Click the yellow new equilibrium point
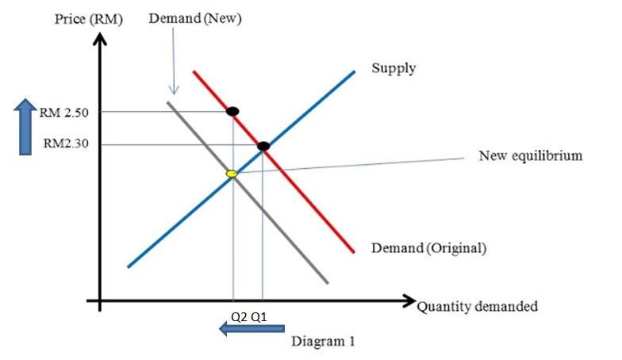pyautogui.click(x=232, y=173)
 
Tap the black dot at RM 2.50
pyautogui.click(x=232, y=111)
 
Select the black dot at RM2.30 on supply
pyautogui.click(x=263, y=145)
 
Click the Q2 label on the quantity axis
pyautogui.click(x=238, y=316)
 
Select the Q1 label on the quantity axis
pyautogui.click(x=259, y=316)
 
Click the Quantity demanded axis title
pyautogui.click(x=478, y=306)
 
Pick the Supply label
pyautogui.click(x=394, y=68)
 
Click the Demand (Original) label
pyautogui.click(x=428, y=247)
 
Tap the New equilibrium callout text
pyautogui.click(x=530, y=155)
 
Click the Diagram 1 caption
pyautogui.click(x=324, y=341)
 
